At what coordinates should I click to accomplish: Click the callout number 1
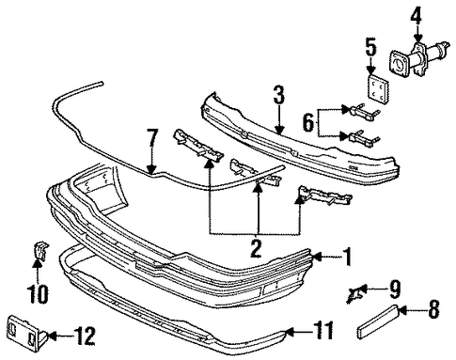(347, 257)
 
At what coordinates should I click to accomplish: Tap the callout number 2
(256, 248)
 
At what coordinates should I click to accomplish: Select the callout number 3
(279, 95)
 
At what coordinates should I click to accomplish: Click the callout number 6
(309, 122)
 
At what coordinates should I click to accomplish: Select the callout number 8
(433, 309)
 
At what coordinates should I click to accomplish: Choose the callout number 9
(394, 290)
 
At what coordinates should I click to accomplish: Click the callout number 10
(39, 294)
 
